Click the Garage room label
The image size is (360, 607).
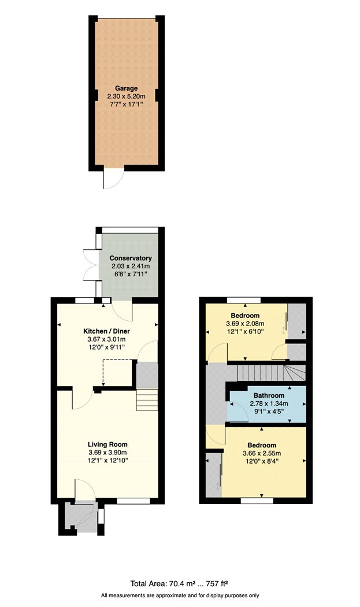(x=126, y=88)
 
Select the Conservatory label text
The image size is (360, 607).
(x=131, y=258)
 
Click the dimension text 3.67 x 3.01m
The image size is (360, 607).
(x=107, y=339)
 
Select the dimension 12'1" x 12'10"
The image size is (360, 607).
(x=107, y=460)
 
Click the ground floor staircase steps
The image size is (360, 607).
(x=147, y=399)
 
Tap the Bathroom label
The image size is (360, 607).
(x=267, y=395)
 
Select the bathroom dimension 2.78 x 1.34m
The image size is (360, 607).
(x=267, y=403)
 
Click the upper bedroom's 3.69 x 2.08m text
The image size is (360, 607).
(x=244, y=324)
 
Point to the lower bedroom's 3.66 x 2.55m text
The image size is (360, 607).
(x=263, y=453)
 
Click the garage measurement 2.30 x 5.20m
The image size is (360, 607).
(x=126, y=96)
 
